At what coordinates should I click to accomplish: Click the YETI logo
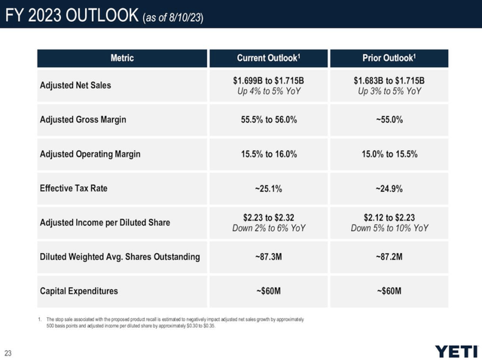(x=456, y=352)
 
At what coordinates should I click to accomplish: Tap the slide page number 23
(x=8, y=353)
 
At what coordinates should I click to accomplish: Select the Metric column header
(x=122, y=58)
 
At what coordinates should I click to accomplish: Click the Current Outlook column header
(x=268, y=58)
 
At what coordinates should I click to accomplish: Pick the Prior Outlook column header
(x=389, y=58)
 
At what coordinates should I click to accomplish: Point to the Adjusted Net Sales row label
(x=75, y=85)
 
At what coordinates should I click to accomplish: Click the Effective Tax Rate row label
(x=74, y=188)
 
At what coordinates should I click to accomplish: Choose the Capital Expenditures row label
(x=78, y=291)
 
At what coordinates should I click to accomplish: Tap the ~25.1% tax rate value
(x=268, y=188)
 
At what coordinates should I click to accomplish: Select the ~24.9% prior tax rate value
(x=389, y=188)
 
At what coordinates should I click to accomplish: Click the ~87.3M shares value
(x=268, y=257)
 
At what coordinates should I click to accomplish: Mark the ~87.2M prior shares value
(x=389, y=257)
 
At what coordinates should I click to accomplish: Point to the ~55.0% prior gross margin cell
(x=389, y=120)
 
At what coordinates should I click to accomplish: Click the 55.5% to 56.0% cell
(x=269, y=120)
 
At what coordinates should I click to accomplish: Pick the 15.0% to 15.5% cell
(x=389, y=154)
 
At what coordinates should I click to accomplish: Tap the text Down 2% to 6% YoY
(x=269, y=228)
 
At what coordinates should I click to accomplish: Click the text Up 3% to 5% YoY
(x=389, y=91)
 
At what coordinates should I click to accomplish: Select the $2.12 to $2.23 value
(x=389, y=218)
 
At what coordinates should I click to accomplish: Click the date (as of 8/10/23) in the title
(x=173, y=17)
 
